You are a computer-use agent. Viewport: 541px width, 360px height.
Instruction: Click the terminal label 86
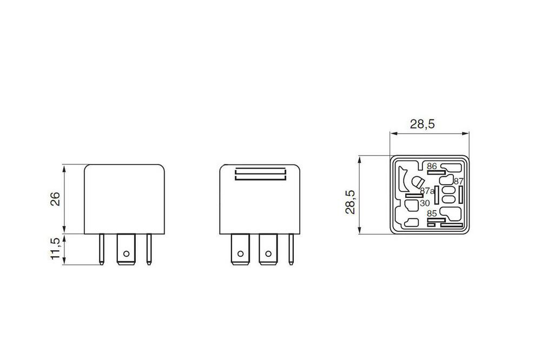[431, 166]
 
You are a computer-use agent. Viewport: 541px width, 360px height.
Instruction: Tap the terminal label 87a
[427, 191]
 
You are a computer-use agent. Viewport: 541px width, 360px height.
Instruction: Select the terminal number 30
[425, 203]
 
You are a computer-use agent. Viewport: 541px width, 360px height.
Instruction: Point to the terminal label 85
[431, 214]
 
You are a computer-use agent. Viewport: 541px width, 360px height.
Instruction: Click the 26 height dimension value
[55, 199]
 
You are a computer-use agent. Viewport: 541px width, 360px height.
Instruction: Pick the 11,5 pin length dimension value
[55, 249]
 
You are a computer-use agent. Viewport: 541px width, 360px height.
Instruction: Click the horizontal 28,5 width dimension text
[422, 124]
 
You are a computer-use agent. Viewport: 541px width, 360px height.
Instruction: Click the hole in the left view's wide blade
[126, 253]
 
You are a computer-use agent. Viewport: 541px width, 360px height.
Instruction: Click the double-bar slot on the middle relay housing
[260, 175]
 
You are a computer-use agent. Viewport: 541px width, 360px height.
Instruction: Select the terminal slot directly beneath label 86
[433, 172]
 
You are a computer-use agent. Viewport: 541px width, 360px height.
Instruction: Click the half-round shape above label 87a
[417, 184]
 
